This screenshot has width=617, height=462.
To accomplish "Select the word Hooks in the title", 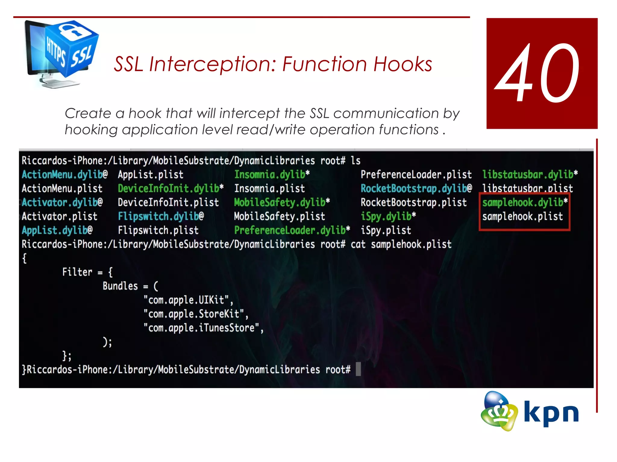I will click(402, 64).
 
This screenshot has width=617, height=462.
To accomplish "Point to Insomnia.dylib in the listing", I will click(270, 174).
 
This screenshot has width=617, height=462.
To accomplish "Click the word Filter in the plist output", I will click(77, 272).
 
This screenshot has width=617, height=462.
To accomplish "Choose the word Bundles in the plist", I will click(120, 286).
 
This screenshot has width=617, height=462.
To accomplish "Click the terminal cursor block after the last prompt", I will click(358, 369).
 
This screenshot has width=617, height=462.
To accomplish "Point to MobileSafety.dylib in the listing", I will click(280, 202).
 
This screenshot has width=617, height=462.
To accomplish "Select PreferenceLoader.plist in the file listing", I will click(416, 174).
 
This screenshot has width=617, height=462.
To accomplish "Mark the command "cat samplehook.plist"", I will click(401, 244).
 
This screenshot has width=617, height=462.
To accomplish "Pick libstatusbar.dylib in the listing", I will click(528, 174).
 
